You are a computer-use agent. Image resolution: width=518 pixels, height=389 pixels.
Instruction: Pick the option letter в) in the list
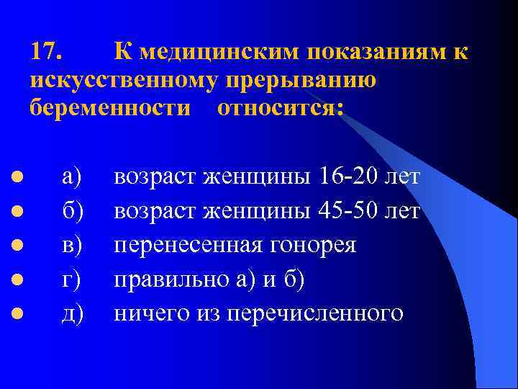point(72,245)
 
